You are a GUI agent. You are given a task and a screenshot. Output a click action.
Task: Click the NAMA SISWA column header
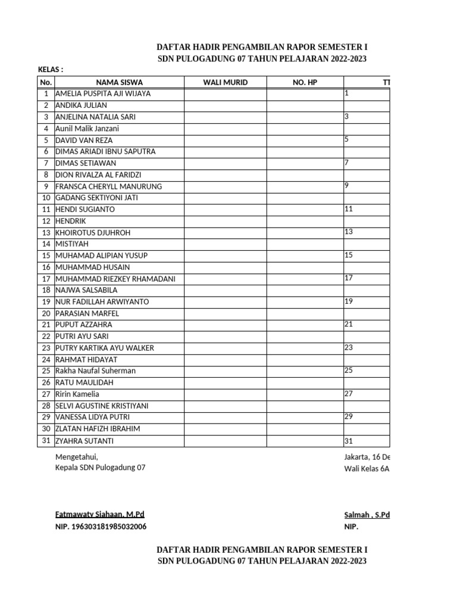click(x=119, y=82)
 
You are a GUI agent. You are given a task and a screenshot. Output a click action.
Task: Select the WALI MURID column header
click(x=225, y=82)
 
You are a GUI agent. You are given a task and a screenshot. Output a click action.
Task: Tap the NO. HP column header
click(x=305, y=82)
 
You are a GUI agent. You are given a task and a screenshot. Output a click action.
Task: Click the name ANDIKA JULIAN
click(x=81, y=105)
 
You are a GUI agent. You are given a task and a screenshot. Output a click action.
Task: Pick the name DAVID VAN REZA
click(x=84, y=140)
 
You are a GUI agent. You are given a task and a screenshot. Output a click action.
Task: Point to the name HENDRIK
click(x=71, y=221)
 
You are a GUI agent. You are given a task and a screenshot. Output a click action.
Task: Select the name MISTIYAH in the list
click(x=71, y=244)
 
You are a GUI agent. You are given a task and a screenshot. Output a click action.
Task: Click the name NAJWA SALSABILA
click(x=86, y=290)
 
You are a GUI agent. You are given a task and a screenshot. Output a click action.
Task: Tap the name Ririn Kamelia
click(x=77, y=394)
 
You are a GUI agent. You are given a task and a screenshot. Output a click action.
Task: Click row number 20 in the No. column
click(x=46, y=313)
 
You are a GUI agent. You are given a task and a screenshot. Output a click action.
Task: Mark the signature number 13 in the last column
click(x=349, y=232)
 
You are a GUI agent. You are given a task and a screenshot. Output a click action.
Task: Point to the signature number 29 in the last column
click(x=349, y=416)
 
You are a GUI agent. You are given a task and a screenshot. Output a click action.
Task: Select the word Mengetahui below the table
click(x=76, y=457)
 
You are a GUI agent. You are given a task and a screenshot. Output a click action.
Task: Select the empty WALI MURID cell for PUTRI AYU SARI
click(x=225, y=337)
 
